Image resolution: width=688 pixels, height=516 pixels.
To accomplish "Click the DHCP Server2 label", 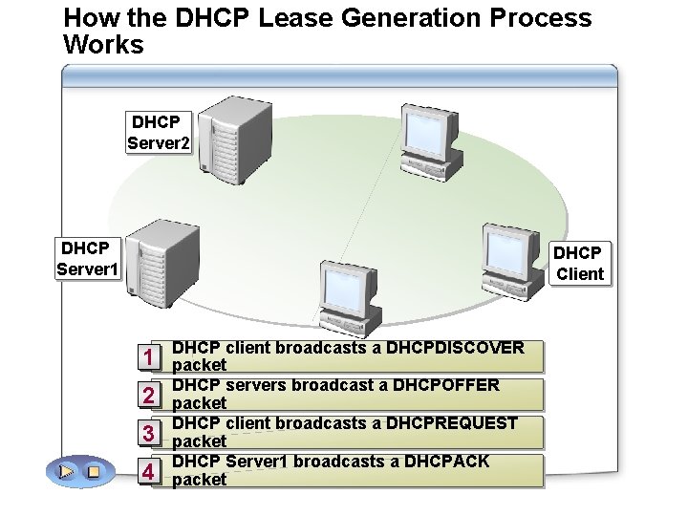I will coord(159,133).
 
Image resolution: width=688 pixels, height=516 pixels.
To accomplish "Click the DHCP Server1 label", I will coord(87,259).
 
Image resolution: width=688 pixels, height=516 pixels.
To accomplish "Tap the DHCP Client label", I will coord(579,264).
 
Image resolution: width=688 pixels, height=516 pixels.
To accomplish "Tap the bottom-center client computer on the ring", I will coord(348,297).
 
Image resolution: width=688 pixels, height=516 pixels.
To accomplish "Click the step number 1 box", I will coord(148,357).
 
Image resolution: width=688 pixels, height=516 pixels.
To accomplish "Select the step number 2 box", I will coord(148,396).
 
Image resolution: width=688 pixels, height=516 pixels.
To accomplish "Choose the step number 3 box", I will coord(148,434).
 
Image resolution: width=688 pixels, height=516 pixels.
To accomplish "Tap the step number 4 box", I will coord(148,472).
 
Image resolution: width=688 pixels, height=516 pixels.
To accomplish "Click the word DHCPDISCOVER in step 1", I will coord(455,348).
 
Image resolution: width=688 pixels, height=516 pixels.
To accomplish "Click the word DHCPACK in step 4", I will coord(446,462).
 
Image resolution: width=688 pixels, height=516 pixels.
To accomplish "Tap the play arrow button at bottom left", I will coord(66,471).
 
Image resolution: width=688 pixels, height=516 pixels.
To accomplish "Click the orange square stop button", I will coord(94,471).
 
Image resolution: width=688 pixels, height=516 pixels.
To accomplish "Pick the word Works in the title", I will coord(103,44).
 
